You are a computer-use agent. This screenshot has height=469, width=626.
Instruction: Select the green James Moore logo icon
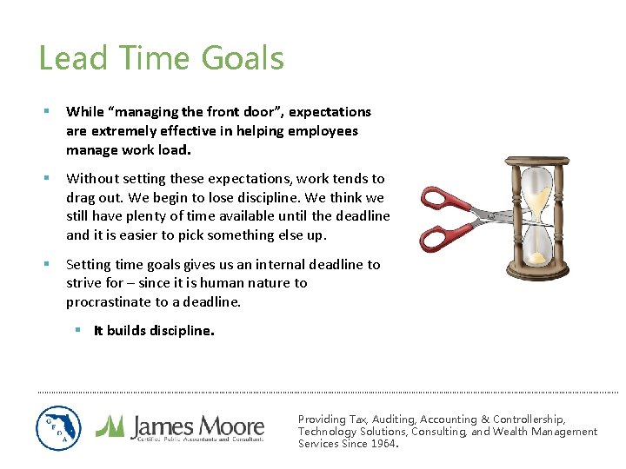110,426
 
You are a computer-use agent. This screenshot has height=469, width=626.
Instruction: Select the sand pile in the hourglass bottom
540,257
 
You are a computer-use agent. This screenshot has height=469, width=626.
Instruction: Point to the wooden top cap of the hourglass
539,162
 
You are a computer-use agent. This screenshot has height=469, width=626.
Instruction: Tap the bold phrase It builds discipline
154,331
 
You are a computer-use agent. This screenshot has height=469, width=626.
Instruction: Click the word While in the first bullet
84,112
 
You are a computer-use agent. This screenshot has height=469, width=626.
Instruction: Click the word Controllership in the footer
528,419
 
